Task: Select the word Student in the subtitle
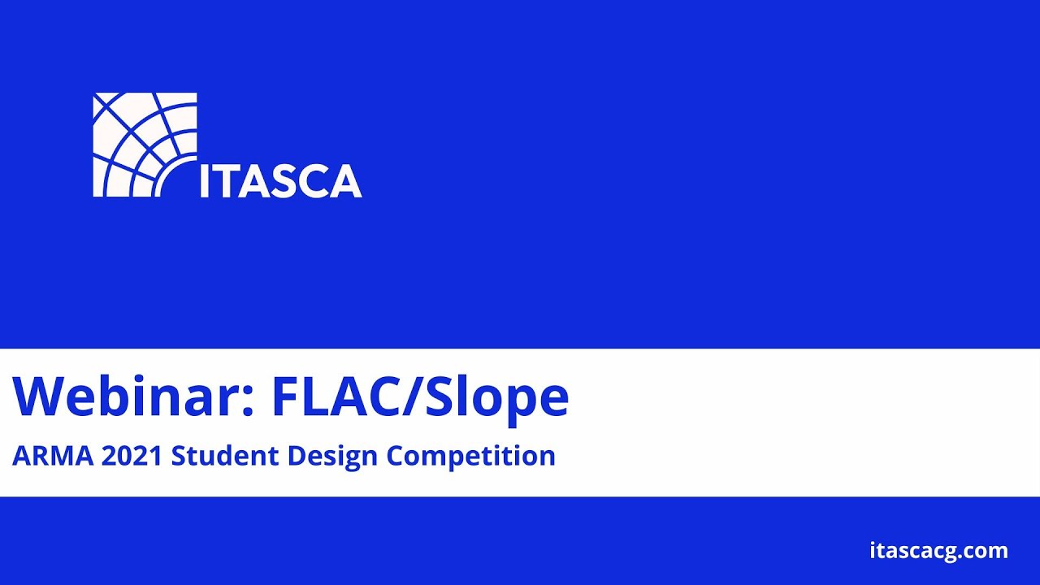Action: click(x=219, y=456)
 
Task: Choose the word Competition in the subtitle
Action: click(x=470, y=457)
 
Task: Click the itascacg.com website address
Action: click(x=938, y=551)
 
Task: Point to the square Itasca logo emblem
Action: click(x=145, y=145)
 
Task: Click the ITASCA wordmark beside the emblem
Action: click(x=280, y=180)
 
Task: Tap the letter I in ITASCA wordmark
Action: click(x=205, y=180)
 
